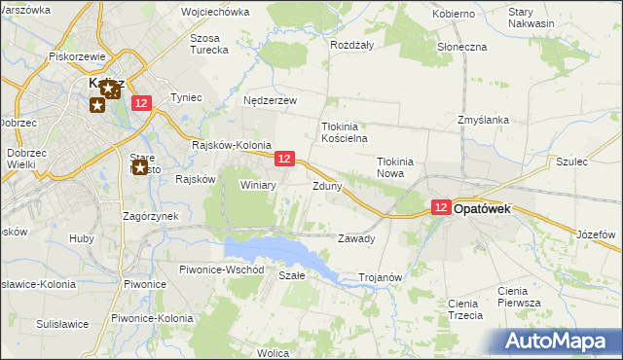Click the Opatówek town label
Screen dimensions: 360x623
point(495,208)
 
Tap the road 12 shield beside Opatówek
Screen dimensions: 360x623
point(440,207)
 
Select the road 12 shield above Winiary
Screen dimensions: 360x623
point(284,159)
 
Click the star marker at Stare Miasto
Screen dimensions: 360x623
point(140,168)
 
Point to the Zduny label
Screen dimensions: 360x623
point(327,185)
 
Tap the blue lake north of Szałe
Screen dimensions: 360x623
point(282,252)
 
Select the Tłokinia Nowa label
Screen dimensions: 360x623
point(396,167)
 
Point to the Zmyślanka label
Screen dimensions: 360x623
point(484,120)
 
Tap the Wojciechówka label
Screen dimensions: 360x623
point(215,13)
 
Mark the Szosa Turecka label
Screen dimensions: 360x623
point(208,43)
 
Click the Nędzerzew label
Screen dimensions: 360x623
point(270,99)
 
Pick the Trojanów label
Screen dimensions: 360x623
point(381,277)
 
